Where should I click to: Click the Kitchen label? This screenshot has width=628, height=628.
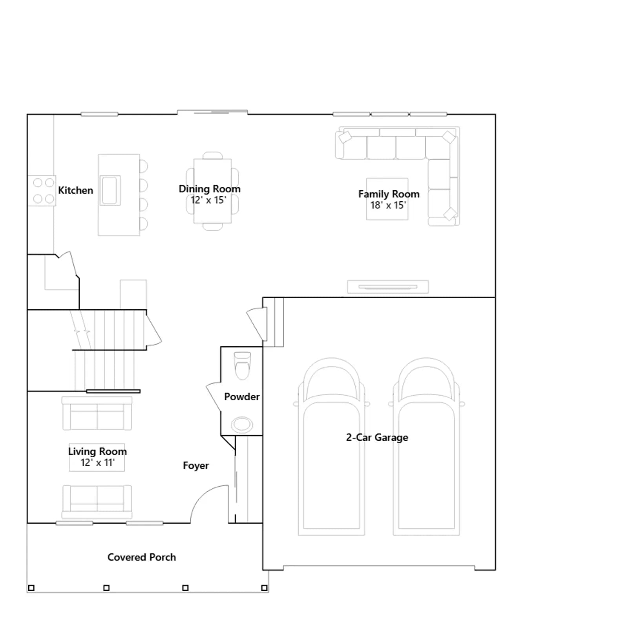pos(76,190)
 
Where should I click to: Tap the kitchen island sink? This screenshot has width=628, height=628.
pos(110,190)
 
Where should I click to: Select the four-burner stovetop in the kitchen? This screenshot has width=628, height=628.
pos(42,191)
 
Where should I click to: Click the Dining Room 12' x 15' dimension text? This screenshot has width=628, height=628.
pos(208,200)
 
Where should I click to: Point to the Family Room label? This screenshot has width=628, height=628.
pos(389,194)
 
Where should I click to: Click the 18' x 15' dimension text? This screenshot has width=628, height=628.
pos(388,205)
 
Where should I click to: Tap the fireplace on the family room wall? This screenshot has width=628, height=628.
pos(388,287)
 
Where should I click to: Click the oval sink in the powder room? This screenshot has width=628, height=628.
pos(242,425)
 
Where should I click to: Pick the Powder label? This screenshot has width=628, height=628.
pos(242,397)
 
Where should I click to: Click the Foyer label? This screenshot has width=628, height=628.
pos(196,466)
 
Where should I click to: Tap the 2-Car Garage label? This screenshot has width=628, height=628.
pos(377,438)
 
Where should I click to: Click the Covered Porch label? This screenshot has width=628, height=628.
pos(142,557)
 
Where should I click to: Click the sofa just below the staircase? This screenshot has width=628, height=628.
pos(97,413)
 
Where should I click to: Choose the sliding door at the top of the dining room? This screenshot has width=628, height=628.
pos(212,112)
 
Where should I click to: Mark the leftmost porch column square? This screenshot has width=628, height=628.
pos(31,588)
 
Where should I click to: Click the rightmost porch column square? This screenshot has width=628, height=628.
pos(264,588)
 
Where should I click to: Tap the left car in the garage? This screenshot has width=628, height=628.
pos(332,446)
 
